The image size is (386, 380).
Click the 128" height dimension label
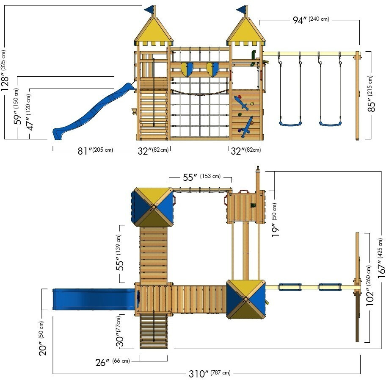(5, 70)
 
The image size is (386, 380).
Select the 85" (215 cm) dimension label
(371, 94)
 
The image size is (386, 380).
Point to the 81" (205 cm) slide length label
(95, 150)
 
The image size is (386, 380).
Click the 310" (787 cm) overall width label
(210, 374)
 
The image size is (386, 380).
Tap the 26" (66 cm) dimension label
(113, 362)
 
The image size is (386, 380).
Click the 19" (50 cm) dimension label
(275, 220)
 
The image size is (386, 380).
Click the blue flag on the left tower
(149, 10)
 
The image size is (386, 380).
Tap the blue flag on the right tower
(242, 9)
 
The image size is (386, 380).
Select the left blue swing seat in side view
(290, 123)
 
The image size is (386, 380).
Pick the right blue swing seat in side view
(331, 123)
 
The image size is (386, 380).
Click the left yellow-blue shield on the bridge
(187, 69)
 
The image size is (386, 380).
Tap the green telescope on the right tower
(253, 58)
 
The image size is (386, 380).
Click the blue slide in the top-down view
(94, 299)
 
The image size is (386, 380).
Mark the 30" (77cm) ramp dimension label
(119, 331)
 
